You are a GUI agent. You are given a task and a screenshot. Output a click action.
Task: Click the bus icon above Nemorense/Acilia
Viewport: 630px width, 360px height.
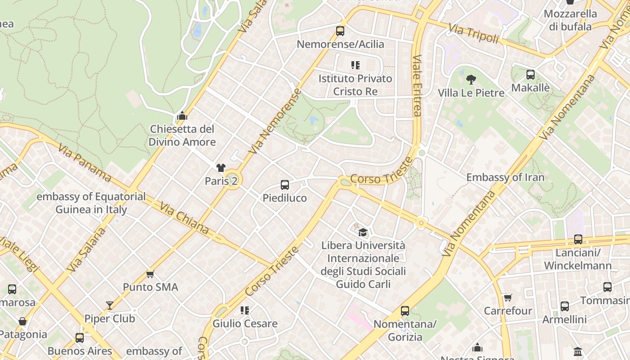click(340, 31)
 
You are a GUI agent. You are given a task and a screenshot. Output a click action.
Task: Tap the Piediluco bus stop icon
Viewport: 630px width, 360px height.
click(285, 185)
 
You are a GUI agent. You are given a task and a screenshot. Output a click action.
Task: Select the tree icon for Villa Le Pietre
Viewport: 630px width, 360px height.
click(471, 80)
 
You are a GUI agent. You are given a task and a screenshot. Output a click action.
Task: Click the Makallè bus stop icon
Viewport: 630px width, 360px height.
click(531, 75)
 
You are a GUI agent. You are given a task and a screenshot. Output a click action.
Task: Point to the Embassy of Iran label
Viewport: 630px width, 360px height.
click(505, 177)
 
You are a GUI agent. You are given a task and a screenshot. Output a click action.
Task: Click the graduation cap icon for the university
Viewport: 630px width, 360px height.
click(363, 233)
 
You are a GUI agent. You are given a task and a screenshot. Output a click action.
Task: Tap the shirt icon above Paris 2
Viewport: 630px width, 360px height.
click(220, 168)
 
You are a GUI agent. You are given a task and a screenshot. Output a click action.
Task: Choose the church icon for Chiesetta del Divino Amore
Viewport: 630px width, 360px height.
click(182, 116)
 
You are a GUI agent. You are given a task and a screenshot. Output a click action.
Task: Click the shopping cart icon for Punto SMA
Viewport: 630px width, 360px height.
click(150, 274)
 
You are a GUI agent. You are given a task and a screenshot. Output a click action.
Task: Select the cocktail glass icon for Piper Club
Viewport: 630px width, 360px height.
click(110, 306)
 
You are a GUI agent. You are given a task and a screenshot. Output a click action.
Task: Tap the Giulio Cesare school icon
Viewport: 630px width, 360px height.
click(245, 310)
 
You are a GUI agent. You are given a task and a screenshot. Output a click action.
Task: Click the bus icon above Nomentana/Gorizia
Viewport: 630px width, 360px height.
click(405, 311)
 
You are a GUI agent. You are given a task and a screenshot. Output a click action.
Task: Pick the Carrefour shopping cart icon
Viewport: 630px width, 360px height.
click(508, 297)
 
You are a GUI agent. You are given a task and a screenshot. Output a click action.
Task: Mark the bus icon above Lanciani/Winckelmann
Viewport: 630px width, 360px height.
click(578, 239)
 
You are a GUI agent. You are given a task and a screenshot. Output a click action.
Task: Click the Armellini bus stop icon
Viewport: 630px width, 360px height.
click(565, 306)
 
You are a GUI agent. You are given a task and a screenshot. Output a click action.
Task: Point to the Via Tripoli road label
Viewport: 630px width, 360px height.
click(474, 34)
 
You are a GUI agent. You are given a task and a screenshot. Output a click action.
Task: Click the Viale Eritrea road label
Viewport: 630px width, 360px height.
click(417, 85)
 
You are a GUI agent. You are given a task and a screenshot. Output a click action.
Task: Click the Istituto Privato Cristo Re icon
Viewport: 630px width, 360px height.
click(355, 66)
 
